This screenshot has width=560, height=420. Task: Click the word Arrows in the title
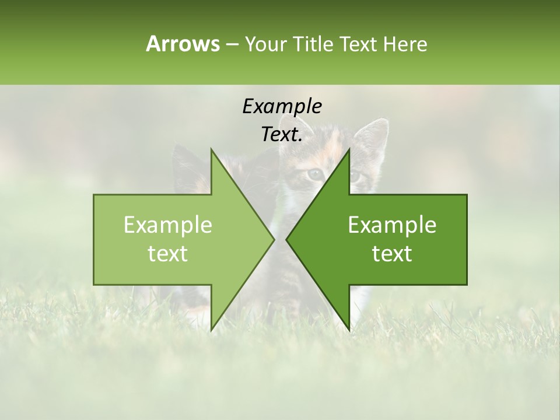tap(183, 44)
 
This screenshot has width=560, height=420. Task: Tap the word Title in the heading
tap(313, 44)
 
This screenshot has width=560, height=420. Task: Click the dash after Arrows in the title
tap(232, 44)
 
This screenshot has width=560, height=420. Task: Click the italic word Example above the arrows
tap(282, 106)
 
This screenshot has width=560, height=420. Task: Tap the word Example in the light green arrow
tap(168, 225)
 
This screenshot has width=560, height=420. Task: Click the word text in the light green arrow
tap(168, 253)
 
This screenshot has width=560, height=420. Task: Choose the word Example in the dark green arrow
tap(392, 225)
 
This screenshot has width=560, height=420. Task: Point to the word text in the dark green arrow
tap(392, 253)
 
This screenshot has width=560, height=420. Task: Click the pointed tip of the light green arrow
tap(274, 239)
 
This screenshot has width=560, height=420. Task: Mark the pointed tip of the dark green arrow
tap(286, 239)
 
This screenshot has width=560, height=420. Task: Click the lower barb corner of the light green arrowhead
tap(211, 330)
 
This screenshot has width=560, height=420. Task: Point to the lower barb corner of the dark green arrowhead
tap(349, 330)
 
